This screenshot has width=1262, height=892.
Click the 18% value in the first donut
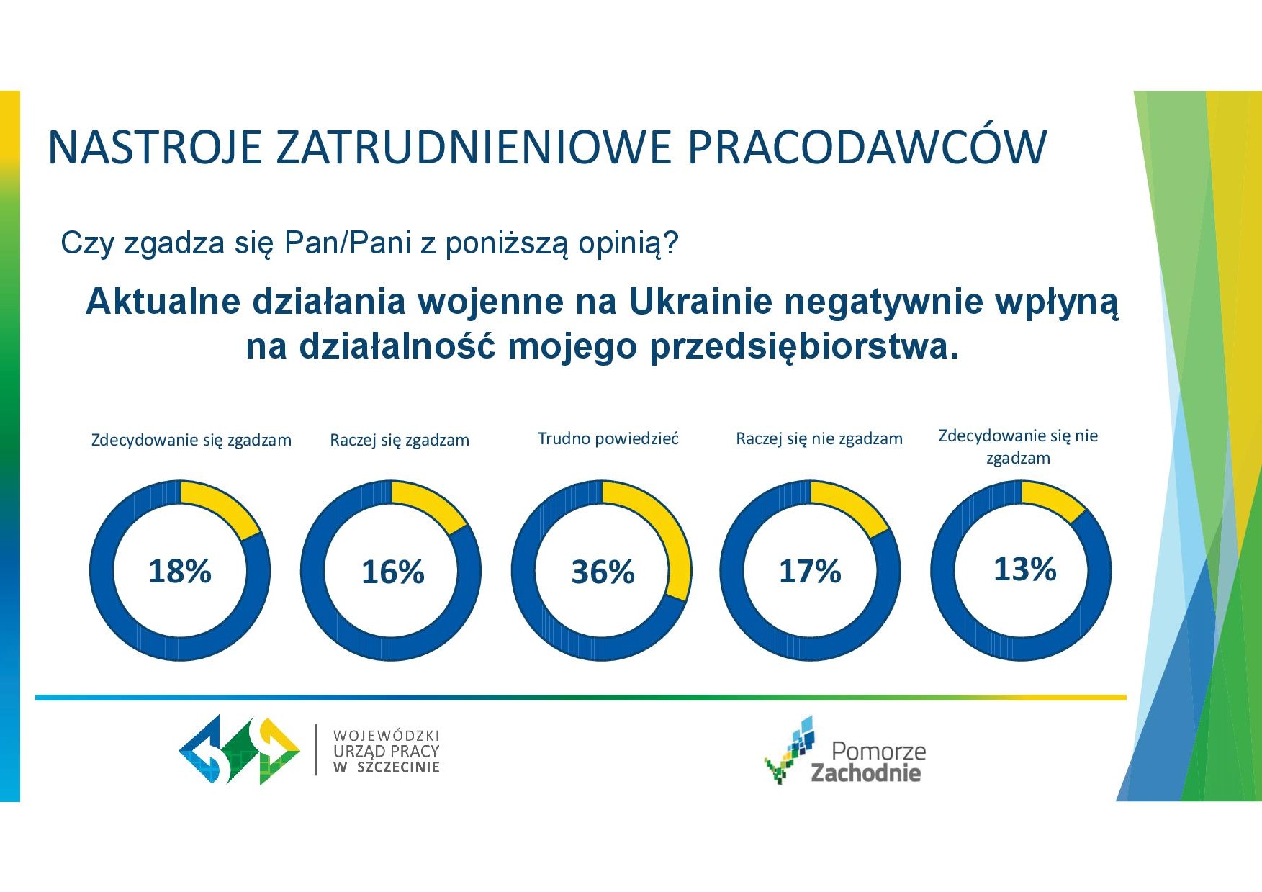(180, 571)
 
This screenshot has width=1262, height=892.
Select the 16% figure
(392, 572)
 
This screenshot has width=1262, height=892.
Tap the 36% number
(603, 572)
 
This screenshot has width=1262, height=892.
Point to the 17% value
(810, 572)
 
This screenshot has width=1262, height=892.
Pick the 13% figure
(1024, 569)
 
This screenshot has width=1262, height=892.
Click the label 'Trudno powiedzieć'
(608, 438)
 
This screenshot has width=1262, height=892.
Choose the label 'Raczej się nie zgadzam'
(819, 439)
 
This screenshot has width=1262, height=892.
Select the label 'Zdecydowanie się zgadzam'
(191, 440)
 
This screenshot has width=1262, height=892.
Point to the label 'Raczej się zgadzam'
(400, 440)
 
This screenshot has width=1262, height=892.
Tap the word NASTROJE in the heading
(155, 148)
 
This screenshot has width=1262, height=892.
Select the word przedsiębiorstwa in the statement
(804, 347)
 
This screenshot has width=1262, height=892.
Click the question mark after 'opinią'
(671, 243)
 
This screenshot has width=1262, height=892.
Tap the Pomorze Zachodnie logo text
(868, 762)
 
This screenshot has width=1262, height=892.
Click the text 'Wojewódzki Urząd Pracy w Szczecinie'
(387, 751)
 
